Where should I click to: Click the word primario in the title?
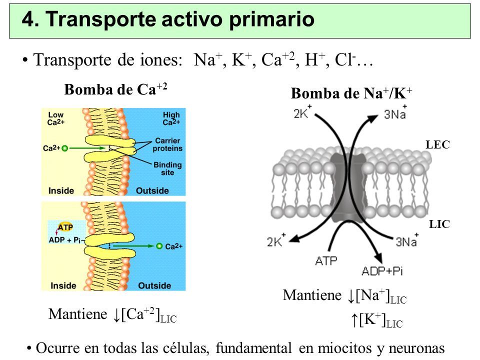click(x=272, y=20)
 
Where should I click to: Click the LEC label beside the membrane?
click(x=438, y=144)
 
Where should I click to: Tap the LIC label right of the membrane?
click(x=439, y=224)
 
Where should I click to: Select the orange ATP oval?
click(x=65, y=227)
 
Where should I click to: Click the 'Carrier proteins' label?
click(x=167, y=144)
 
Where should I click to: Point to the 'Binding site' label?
click(x=167, y=168)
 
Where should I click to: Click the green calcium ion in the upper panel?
click(x=64, y=148)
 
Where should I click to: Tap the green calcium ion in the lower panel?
click(x=159, y=246)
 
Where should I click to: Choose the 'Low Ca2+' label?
click(x=55, y=118)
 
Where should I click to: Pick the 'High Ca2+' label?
click(x=171, y=118)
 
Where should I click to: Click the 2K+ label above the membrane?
click(x=302, y=112)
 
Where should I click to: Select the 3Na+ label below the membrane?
click(x=407, y=240)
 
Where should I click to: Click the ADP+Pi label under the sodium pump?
click(x=382, y=271)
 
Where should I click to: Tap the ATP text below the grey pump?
click(x=326, y=261)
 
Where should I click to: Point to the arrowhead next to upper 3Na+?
click(x=373, y=118)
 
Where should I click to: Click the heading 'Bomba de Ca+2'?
click(x=115, y=89)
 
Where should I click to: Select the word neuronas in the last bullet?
click(x=416, y=348)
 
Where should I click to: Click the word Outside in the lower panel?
click(x=154, y=285)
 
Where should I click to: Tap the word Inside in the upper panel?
click(x=61, y=190)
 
